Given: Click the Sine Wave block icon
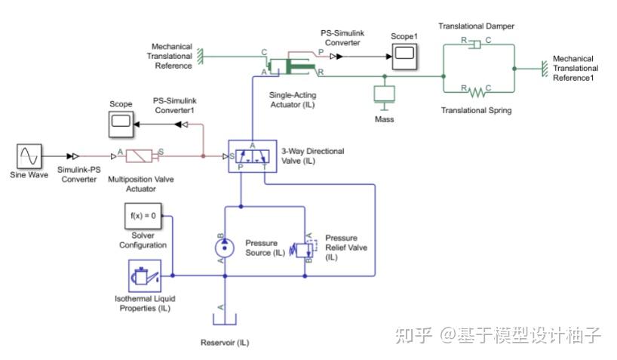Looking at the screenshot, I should [x=29, y=156].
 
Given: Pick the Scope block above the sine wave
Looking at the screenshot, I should [x=121, y=121].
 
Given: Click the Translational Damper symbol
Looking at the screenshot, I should [x=475, y=45].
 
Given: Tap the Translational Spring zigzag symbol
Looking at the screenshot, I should [x=476, y=92].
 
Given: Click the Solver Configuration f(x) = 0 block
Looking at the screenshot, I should [x=143, y=216].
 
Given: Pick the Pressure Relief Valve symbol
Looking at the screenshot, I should [x=309, y=247].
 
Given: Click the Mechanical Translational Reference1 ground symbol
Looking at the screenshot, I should [x=543, y=69].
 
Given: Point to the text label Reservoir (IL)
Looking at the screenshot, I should [x=224, y=343].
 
